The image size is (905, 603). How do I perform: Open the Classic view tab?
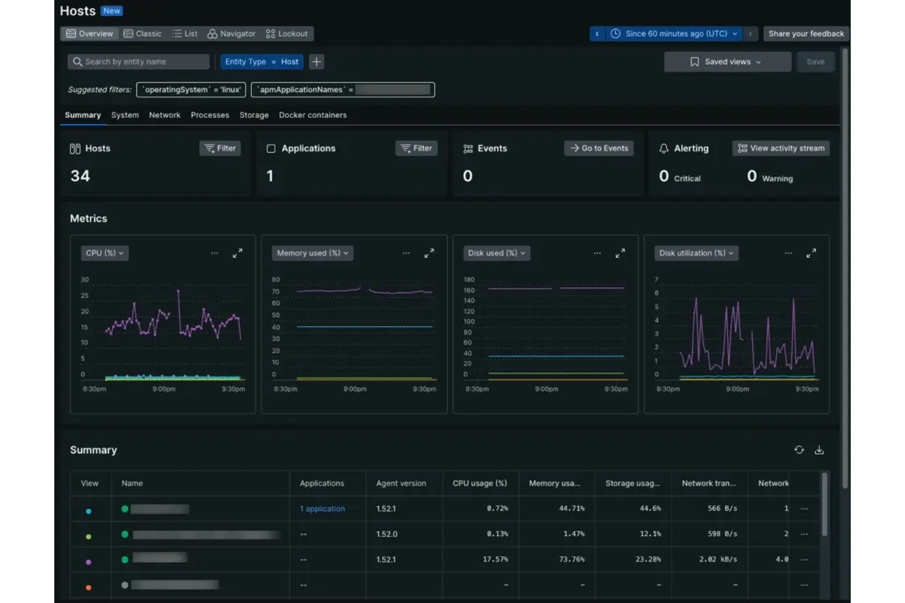[x=142, y=34]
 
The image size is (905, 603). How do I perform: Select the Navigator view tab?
[x=231, y=34]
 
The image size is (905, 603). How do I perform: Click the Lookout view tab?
[x=287, y=34]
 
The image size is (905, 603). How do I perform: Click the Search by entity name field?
[x=139, y=62]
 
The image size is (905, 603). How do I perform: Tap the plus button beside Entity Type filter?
[x=316, y=62]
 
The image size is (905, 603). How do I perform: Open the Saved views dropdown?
[x=727, y=62]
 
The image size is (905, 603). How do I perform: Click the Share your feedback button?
[x=806, y=34]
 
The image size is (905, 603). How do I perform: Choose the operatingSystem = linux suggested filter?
[x=191, y=90]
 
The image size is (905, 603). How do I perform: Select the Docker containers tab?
[x=312, y=115]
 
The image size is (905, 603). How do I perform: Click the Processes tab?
[x=210, y=115]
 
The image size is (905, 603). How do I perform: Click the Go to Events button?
[x=599, y=148]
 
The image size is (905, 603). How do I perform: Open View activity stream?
[x=781, y=148]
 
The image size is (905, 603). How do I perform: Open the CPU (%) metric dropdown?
[x=105, y=253]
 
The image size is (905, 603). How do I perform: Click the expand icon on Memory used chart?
[x=429, y=253]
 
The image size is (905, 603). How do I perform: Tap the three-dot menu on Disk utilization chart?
[x=788, y=253]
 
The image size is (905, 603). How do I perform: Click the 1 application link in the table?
[x=322, y=509]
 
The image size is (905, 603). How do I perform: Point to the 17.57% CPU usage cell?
[x=495, y=560]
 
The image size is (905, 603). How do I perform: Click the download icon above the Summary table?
[x=819, y=450]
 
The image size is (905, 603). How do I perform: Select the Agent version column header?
[x=401, y=483]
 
